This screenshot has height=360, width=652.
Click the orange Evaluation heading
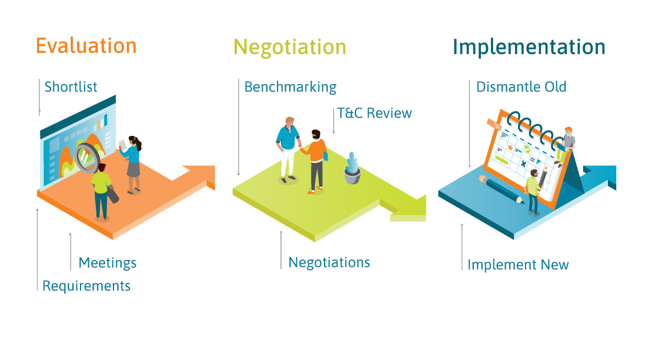(86, 46)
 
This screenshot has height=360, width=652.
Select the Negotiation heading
(290, 47)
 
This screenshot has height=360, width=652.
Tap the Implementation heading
(529, 47)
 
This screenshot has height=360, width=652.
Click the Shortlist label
(71, 87)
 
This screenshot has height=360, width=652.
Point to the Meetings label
(108, 263)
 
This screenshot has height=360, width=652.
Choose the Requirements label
(86, 286)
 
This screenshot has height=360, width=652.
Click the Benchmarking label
(290, 88)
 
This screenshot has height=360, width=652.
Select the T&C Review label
(375, 113)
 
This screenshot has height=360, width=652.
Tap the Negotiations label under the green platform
(329, 262)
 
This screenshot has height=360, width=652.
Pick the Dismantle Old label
(521, 87)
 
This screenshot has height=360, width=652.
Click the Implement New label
(518, 265)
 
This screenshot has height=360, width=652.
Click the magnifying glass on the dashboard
(88, 156)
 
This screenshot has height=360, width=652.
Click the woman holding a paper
(132, 162)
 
